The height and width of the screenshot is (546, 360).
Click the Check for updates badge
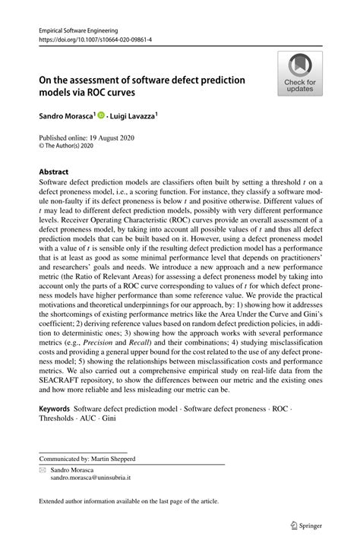click(300, 74)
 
